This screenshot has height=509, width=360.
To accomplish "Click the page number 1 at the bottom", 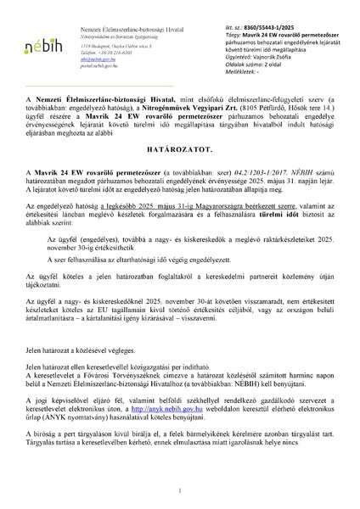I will [x=180, y=489].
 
